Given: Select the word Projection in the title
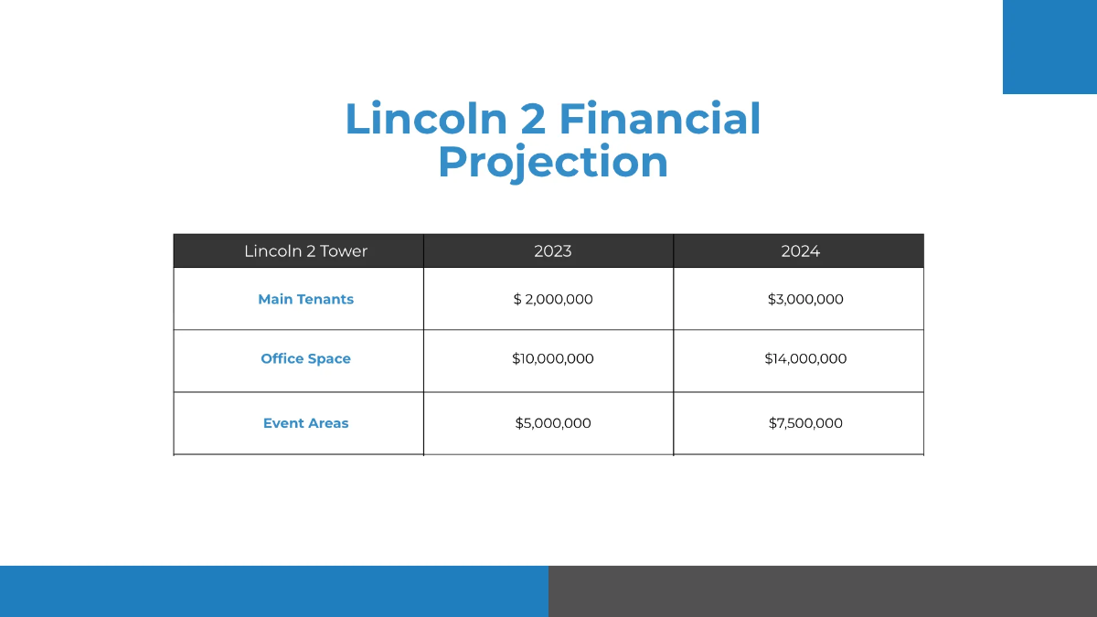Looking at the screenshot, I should (x=553, y=162).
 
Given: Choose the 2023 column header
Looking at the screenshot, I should (x=553, y=251).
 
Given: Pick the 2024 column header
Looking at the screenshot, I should (x=800, y=251).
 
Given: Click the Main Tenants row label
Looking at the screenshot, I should (x=305, y=299).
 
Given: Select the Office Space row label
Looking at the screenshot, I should (x=305, y=358).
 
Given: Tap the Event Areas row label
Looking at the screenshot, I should (x=305, y=423).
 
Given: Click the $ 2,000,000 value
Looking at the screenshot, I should (x=553, y=299).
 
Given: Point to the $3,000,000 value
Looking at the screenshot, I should (x=805, y=299).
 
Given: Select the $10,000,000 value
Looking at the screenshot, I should (x=553, y=358).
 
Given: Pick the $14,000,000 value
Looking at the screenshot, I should (x=805, y=358).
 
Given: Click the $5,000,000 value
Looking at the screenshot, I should (x=553, y=423).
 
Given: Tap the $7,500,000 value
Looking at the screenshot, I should (x=805, y=423).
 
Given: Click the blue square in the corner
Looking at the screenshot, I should (x=1049, y=47).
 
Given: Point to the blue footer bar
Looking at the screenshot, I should (x=274, y=591).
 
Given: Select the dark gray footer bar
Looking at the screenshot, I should (x=823, y=591).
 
